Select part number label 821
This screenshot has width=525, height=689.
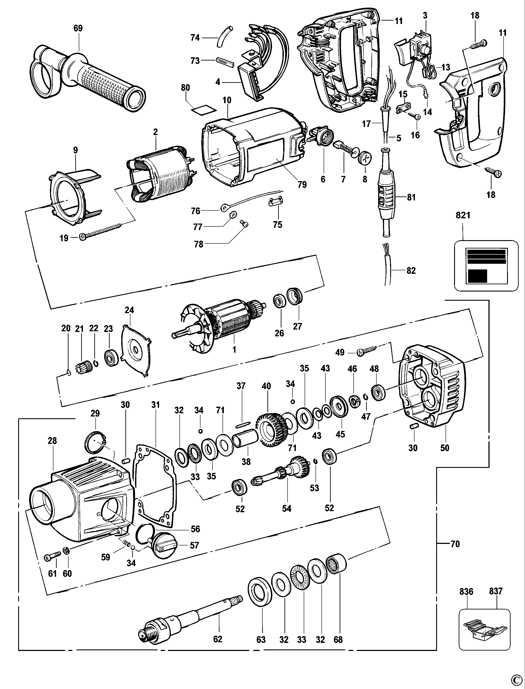(463, 215)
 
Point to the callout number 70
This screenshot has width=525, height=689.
(455, 544)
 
